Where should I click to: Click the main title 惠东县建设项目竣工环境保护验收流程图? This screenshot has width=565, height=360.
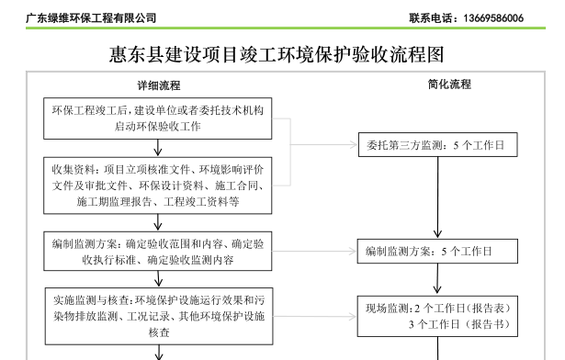(x=282, y=55)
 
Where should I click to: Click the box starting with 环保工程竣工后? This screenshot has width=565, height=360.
(x=158, y=118)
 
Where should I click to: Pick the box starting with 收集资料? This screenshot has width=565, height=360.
(x=158, y=183)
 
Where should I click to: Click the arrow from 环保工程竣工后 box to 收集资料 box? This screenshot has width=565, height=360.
(x=158, y=146)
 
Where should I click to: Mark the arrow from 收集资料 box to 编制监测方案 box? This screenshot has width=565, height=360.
(x=158, y=219)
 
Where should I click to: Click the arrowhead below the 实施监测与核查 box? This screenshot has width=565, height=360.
(x=158, y=354)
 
